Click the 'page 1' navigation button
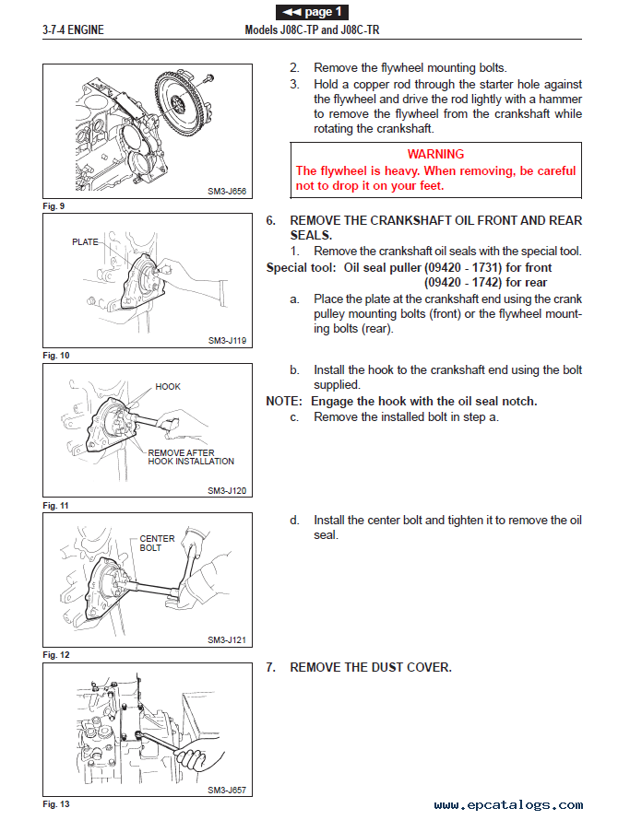point(312,12)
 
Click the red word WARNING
point(435,154)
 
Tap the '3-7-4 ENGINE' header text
point(73,30)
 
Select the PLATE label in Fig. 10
point(85,241)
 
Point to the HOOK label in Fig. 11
point(168,387)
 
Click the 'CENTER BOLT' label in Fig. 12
point(157,543)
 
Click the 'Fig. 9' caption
point(53,205)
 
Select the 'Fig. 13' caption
point(55,804)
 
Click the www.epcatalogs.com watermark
point(508,804)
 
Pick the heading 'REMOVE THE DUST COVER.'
point(371,667)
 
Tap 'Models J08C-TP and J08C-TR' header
point(312,30)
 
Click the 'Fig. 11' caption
point(55,506)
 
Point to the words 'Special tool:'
point(301,268)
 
